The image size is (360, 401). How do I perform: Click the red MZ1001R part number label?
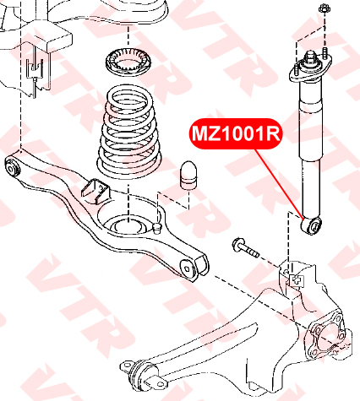pyautogui.click(x=236, y=133)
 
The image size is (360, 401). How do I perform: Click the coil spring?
pyautogui.click(x=129, y=132)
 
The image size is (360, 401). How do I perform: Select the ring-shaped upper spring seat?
pyautogui.click(x=129, y=62)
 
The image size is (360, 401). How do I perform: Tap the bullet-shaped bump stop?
pyautogui.click(x=188, y=175)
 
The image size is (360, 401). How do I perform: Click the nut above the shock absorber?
pyautogui.click(x=324, y=8)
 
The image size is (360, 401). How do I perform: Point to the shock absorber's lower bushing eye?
pyautogui.click(x=311, y=225)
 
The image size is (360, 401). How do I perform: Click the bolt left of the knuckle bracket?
pyautogui.click(x=245, y=247)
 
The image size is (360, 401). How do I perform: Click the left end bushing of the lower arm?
pyautogui.click(x=13, y=168)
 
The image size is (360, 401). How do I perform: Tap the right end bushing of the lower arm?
pyautogui.click(x=188, y=268)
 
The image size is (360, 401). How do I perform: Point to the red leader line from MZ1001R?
pyautogui.click(x=280, y=184)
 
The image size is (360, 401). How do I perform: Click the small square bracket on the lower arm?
pyautogui.click(x=95, y=191)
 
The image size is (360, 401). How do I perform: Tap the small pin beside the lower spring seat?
pyautogui.click(x=155, y=227)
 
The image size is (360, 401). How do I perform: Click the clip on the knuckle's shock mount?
pyautogui.click(x=297, y=280)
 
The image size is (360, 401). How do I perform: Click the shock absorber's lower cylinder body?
pyautogui.click(x=311, y=189)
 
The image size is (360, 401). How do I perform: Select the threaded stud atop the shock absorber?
pyautogui.click(x=309, y=56)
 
